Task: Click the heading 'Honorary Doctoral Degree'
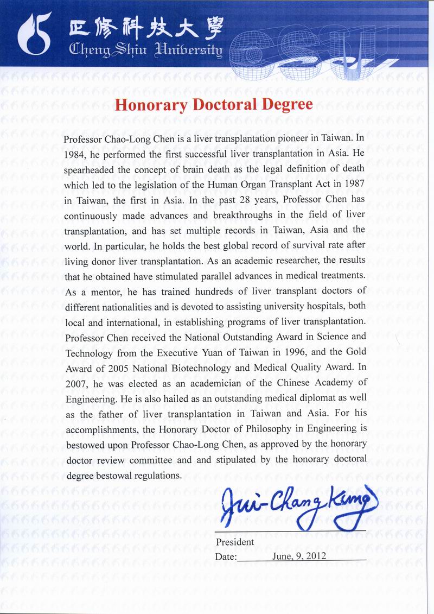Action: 214,104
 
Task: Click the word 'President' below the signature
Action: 235,542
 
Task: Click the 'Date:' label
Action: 226,557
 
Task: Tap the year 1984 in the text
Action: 74,153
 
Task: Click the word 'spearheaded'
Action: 89,169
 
